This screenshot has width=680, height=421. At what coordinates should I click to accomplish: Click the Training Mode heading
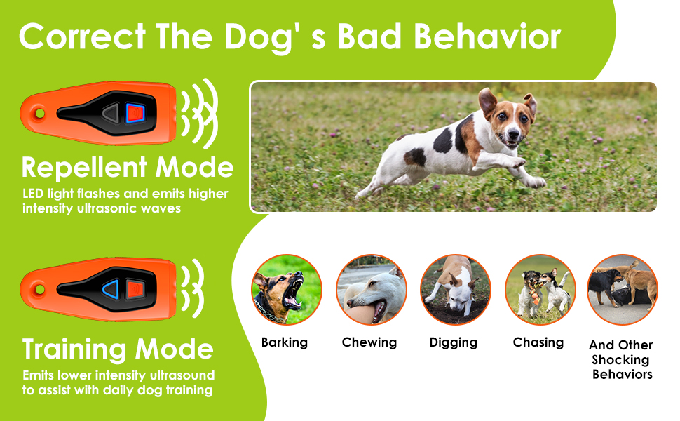pos(118,349)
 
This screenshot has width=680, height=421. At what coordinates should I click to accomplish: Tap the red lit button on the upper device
pos(135,112)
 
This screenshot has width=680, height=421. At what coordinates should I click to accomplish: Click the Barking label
pos(284,342)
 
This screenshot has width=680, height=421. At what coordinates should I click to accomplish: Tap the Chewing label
pos(369,342)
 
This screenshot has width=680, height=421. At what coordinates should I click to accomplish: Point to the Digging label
pos(454,342)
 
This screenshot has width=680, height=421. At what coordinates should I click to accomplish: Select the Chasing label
pos(538,342)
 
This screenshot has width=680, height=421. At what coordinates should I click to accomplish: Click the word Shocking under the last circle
pos(620,360)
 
